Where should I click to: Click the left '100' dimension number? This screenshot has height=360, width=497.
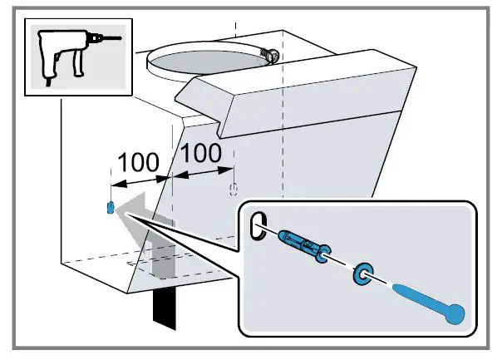(x=137, y=160)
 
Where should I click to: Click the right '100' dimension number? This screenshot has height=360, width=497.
(x=201, y=152)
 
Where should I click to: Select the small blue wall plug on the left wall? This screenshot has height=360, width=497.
(x=111, y=207)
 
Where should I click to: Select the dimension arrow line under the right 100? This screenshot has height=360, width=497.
(x=203, y=171)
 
